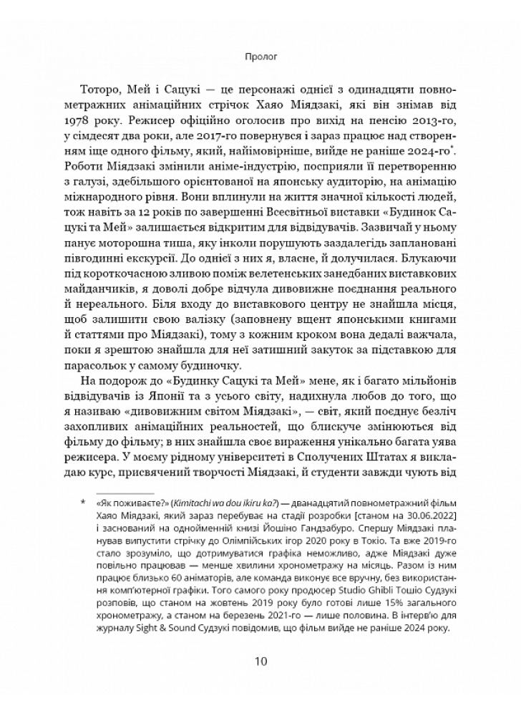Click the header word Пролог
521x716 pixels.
pos(260,52)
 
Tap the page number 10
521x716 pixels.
pos(260,659)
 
